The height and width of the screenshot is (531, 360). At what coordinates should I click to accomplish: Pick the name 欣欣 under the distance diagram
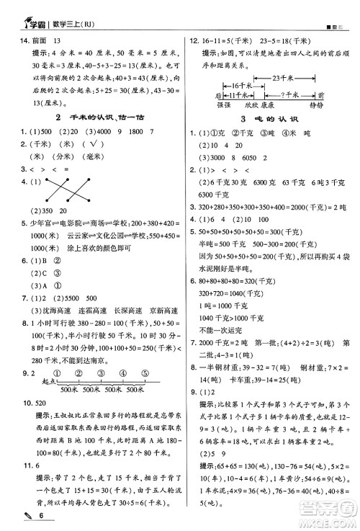(251, 105)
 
